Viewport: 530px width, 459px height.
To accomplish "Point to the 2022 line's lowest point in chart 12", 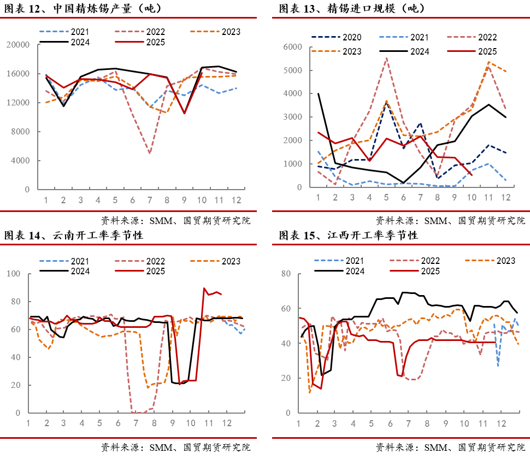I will click(x=150, y=153).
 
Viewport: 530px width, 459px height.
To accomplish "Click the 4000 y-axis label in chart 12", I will click(x=20, y=161).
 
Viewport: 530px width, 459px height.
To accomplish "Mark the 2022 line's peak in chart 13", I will click(x=387, y=58).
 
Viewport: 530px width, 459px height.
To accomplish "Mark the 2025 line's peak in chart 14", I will click(x=204, y=288).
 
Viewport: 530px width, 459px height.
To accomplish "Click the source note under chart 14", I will click(x=175, y=448).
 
